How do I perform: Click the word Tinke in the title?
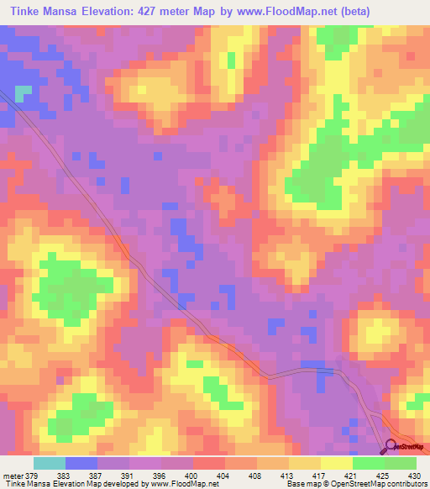[x=26, y=13]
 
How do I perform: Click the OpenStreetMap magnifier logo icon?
[x=390, y=448]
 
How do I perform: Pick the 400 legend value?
[x=192, y=476]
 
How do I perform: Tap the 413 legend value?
[x=288, y=476]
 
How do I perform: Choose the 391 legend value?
[x=128, y=476]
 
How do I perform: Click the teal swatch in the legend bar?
[x=49, y=463]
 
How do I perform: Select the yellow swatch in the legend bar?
[x=336, y=463]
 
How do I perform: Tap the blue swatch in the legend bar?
[x=81, y=463]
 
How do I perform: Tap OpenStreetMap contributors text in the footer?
[x=383, y=484]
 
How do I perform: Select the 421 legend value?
[x=352, y=476]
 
